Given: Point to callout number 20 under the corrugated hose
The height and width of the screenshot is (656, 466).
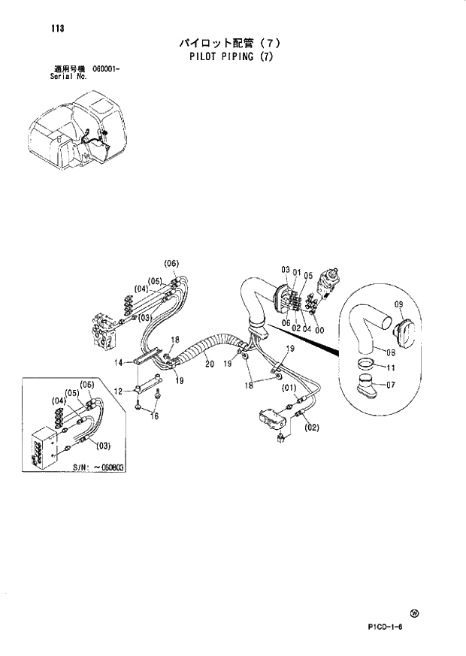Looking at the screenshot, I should (209, 364).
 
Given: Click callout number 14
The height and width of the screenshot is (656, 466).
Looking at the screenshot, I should (118, 363).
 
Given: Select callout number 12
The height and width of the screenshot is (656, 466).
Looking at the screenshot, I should (118, 391).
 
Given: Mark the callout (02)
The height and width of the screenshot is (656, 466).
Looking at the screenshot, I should (312, 428).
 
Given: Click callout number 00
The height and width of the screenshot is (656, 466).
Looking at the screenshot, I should (319, 328).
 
